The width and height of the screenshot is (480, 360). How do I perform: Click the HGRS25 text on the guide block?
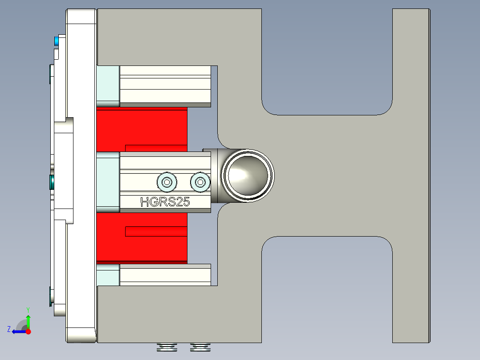click(x=165, y=202)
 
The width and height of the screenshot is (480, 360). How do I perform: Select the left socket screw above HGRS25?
click(x=167, y=182)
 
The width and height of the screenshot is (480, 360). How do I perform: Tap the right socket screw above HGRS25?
click(x=200, y=182)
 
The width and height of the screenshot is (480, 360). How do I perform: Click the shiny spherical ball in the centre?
click(x=248, y=175)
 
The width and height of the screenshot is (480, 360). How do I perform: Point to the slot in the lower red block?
click(x=156, y=231)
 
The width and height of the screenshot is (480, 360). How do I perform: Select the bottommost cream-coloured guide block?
click(x=165, y=274)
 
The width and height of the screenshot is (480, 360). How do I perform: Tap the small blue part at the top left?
click(x=56, y=41)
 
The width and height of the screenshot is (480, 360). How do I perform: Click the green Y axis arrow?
click(x=28, y=321)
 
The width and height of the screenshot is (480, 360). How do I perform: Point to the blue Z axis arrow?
click(x=18, y=331)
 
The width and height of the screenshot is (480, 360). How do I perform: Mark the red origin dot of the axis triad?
click(x=28, y=331)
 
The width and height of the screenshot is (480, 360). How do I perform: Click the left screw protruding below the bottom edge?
click(x=167, y=347)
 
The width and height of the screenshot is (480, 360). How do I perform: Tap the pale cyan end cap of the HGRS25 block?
click(x=108, y=181)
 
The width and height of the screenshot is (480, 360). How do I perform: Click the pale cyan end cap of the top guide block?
click(x=108, y=86)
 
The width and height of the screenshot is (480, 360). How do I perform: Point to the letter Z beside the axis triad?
click(x=9, y=329)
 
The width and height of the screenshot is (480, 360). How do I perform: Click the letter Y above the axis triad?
click(x=28, y=309)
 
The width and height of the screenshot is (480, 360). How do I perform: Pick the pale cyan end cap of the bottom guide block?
click(x=108, y=274)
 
